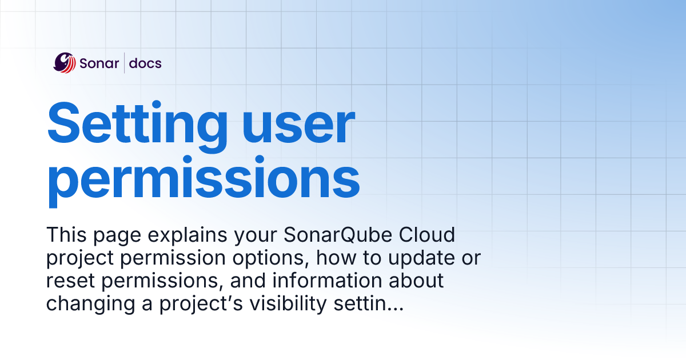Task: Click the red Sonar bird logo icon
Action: coord(64,63)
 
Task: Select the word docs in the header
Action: coord(145,63)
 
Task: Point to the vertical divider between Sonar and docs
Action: coord(125,63)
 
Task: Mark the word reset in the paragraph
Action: coord(67,281)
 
